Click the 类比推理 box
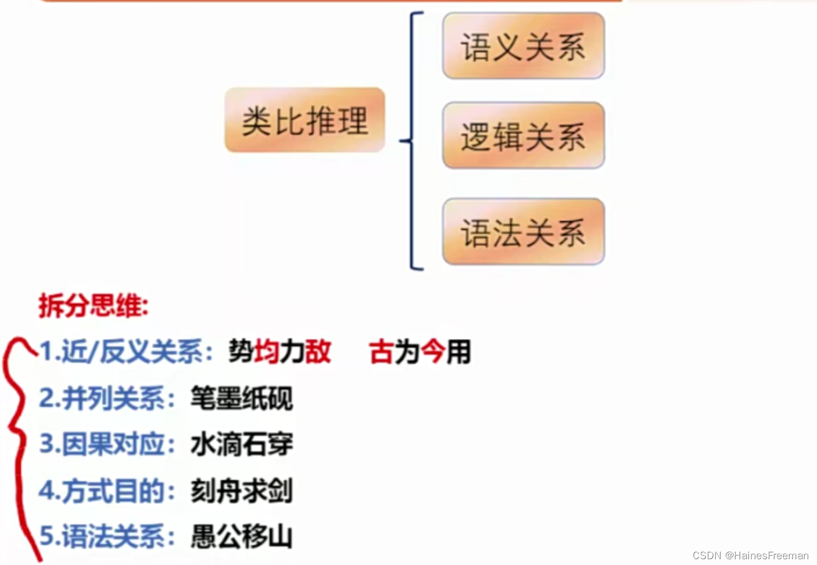tap(304, 120)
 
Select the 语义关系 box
tap(523, 46)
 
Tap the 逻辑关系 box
tap(523, 136)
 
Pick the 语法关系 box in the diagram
tap(523, 232)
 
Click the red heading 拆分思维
tap(94, 306)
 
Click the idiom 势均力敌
tap(279, 352)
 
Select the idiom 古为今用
tap(420, 352)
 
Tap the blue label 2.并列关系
tap(107, 398)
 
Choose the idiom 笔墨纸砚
tap(242, 398)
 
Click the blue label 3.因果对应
tap(107, 444)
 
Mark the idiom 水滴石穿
tap(242, 445)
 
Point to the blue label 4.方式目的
tap(107, 491)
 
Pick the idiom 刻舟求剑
tap(242, 491)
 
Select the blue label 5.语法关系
tap(107, 536)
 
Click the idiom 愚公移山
tap(242, 537)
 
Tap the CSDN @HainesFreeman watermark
tap(750, 556)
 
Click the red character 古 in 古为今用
tap(381, 352)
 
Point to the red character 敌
tap(318, 352)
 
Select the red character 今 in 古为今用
tap(433, 352)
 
